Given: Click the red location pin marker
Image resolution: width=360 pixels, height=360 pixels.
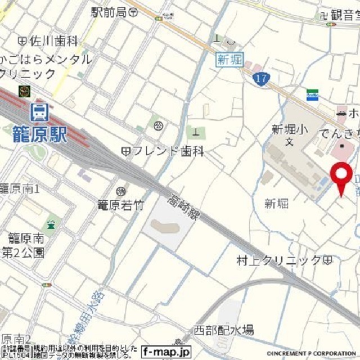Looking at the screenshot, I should click(x=340, y=176).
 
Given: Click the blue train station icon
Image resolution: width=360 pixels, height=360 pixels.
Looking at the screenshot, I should click(x=39, y=111).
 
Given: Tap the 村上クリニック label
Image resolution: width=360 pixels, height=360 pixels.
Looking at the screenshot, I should click(x=284, y=260).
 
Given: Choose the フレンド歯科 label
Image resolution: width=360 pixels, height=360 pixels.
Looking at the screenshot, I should click(x=162, y=151).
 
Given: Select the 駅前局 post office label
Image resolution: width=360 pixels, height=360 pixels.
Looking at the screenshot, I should click(x=114, y=11).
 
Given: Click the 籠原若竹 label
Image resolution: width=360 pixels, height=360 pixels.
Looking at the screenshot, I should click(x=120, y=205).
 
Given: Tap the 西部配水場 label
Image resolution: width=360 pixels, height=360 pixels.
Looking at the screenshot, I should click(x=224, y=330).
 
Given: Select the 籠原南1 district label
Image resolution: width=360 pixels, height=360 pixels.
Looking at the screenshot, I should click(x=20, y=188).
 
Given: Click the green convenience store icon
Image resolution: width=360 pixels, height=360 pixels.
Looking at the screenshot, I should click(x=312, y=94).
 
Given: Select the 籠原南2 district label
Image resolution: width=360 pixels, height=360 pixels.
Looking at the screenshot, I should click(x=15, y=339).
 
